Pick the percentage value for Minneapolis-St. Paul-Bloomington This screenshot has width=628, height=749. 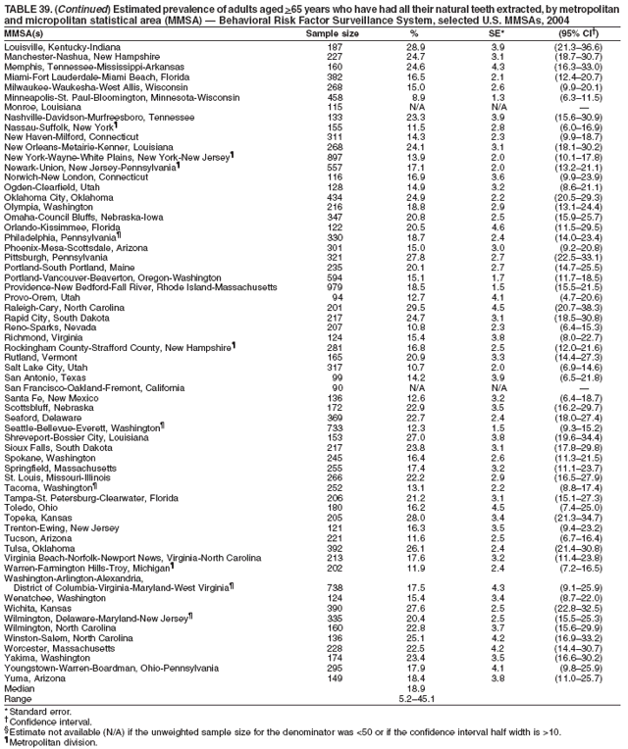[x=418, y=97]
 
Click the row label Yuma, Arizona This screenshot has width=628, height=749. [x=37, y=673]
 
